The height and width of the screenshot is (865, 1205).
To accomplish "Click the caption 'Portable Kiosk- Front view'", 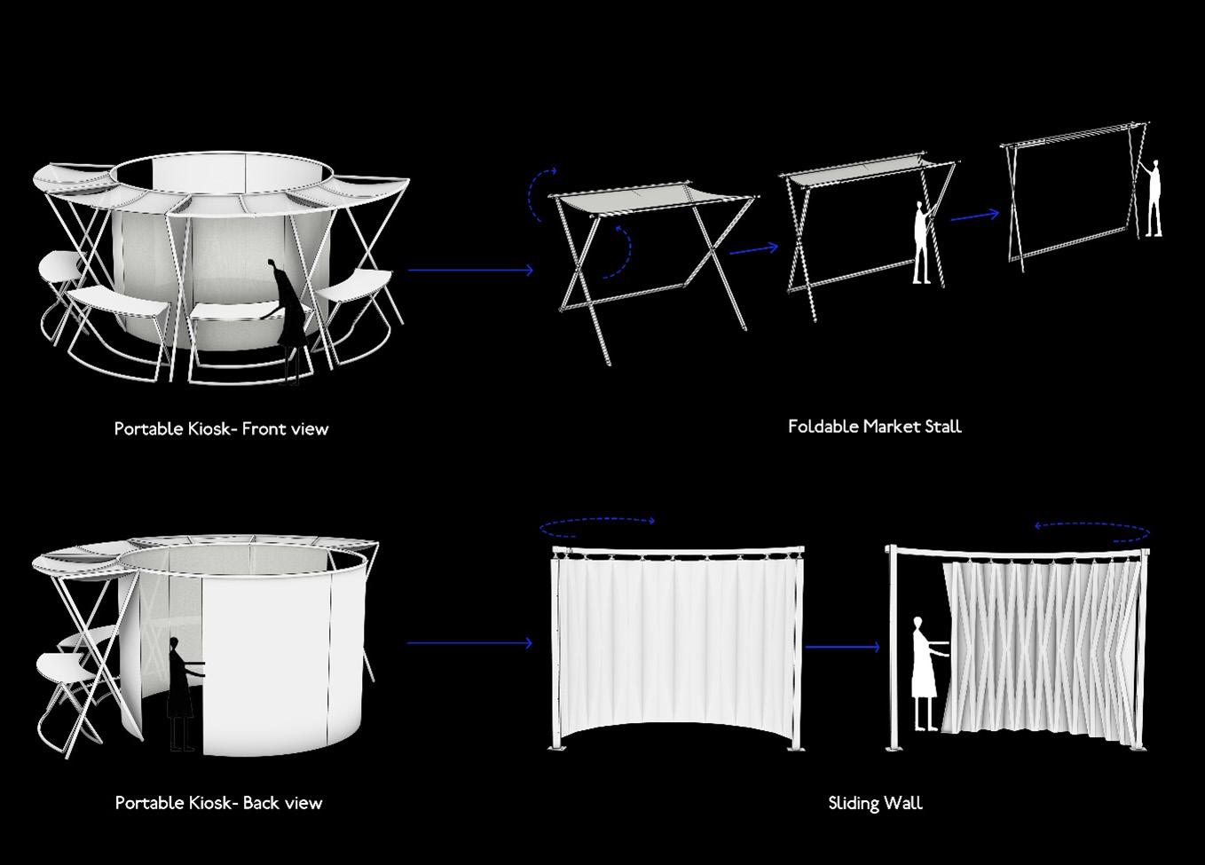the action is pyautogui.click(x=221, y=429).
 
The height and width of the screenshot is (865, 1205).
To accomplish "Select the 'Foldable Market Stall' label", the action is pyautogui.click(x=874, y=427).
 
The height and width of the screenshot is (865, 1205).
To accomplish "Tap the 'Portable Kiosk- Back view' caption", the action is pyautogui.click(x=218, y=804).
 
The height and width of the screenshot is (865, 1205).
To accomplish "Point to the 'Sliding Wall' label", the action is pyautogui.click(x=875, y=804).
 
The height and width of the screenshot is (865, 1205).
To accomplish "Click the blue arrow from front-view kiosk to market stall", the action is pyautogui.click(x=470, y=270).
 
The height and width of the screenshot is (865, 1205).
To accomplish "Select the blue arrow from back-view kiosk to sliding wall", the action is pyautogui.click(x=470, y=643).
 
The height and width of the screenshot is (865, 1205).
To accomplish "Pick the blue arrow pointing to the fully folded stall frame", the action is pyautogui.click(x=974, y=216).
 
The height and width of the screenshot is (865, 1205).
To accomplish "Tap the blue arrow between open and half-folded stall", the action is pyautogui.click(x=752, y=250).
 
